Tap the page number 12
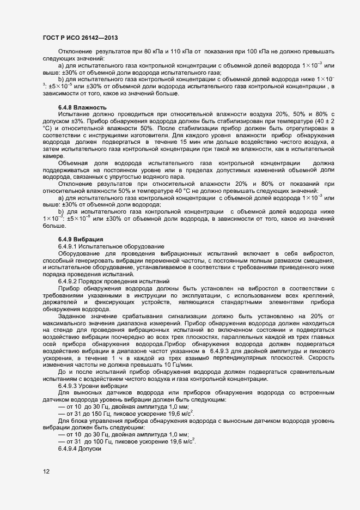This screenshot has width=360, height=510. (x=47, y=472)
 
